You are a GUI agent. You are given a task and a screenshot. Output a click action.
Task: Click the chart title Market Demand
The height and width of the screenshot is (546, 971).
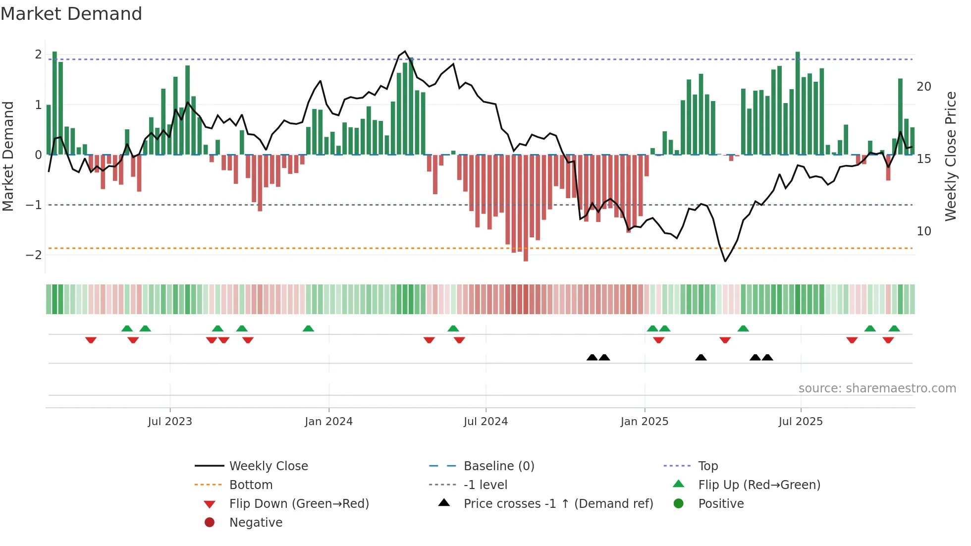tap(71, 14)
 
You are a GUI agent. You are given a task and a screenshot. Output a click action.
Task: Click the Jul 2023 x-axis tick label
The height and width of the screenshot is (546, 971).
tap(169, 422)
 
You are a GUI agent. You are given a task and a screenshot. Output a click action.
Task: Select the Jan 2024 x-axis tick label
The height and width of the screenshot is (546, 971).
tap(328, 422)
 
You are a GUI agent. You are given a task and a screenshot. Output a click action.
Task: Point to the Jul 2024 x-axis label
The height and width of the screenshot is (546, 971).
tap(485, 422)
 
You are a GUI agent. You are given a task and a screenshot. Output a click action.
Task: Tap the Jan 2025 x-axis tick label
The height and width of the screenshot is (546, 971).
tap(644, 422)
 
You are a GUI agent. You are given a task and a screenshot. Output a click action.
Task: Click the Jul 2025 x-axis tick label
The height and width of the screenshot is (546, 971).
tap(800, 422)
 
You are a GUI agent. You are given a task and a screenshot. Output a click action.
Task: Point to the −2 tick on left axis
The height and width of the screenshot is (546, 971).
tap(34, 255)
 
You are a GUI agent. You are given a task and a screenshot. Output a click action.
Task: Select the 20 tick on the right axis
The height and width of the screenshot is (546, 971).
tap(923, 87)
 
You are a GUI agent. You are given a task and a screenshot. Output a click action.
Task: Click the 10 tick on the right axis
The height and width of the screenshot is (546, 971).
tap(923, 231)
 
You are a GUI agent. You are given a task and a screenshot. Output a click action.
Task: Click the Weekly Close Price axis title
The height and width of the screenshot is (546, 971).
tap(950, 156)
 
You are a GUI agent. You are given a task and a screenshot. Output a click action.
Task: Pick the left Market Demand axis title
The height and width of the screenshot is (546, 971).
tap(8, 156)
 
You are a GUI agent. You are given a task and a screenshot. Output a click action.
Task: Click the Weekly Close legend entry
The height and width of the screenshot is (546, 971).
tap(268, 466)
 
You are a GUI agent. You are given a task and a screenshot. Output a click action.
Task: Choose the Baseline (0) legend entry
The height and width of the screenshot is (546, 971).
tap(498, 466)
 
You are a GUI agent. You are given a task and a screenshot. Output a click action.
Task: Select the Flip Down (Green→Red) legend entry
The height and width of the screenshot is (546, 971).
tap(299, 504)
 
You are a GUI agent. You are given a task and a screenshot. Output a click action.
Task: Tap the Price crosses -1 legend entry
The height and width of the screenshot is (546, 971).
tap(558, 504)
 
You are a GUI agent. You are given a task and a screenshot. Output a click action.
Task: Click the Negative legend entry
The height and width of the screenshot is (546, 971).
tap(256, 523)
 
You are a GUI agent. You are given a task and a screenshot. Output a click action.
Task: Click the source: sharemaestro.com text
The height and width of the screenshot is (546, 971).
tap(877, 388)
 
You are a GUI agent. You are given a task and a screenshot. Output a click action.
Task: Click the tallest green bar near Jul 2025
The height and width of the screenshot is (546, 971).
tap(798, 103)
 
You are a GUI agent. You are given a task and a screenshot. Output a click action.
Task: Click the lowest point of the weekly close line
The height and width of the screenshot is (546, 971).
tap(725, 261)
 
